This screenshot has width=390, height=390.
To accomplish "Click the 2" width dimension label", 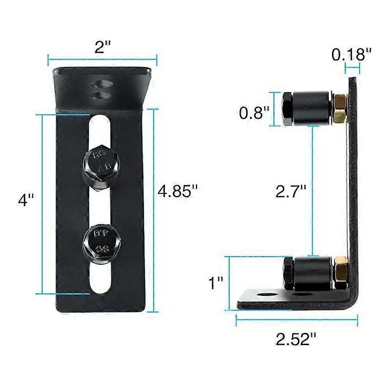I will pos(102,47).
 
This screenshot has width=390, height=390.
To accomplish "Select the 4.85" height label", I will pos(178,191).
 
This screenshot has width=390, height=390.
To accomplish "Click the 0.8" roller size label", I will pos(254,114).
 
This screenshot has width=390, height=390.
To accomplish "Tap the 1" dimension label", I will pos(216,282).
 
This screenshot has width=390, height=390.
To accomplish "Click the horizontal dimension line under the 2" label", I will pos(102,60).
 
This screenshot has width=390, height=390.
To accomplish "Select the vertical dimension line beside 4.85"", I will pos(155,210).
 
